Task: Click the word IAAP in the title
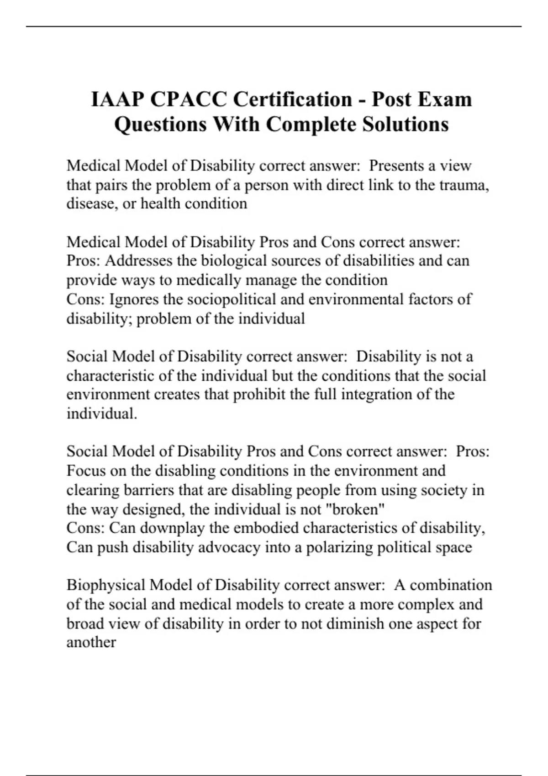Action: point(117,100)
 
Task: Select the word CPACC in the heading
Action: point(188,100)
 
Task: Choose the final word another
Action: point(91,643)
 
